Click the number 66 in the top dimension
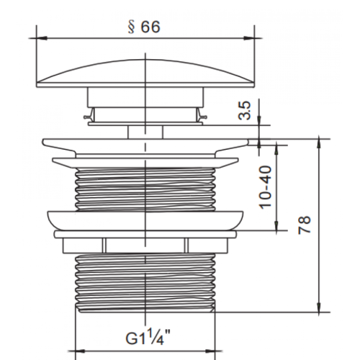[150, 27]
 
